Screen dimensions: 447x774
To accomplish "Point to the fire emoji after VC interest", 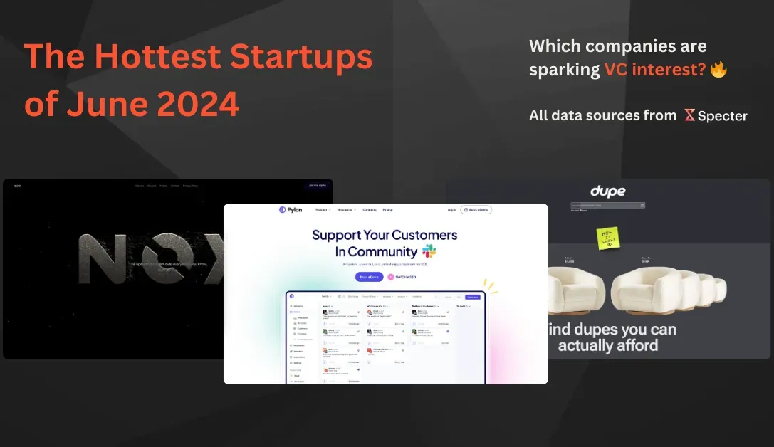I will pos(718,69).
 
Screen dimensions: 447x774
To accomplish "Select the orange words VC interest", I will pos(654,70).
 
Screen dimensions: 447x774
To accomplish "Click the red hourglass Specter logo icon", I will pos(689,115).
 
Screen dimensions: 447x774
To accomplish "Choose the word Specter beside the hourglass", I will pos(722,115).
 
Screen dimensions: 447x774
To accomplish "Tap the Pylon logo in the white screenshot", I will pos(291,210).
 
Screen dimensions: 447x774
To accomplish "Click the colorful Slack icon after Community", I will pos(429,251).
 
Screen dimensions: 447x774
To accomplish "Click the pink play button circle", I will pos(391,277).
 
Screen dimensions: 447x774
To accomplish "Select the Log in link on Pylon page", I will pos(451,210).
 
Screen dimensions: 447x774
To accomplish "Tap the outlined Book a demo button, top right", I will pos(476,210).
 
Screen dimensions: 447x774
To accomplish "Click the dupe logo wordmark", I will pos(607,191).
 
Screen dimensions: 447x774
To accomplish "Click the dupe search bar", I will pos(607,205).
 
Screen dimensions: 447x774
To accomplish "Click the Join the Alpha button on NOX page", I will pos(318,186).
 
